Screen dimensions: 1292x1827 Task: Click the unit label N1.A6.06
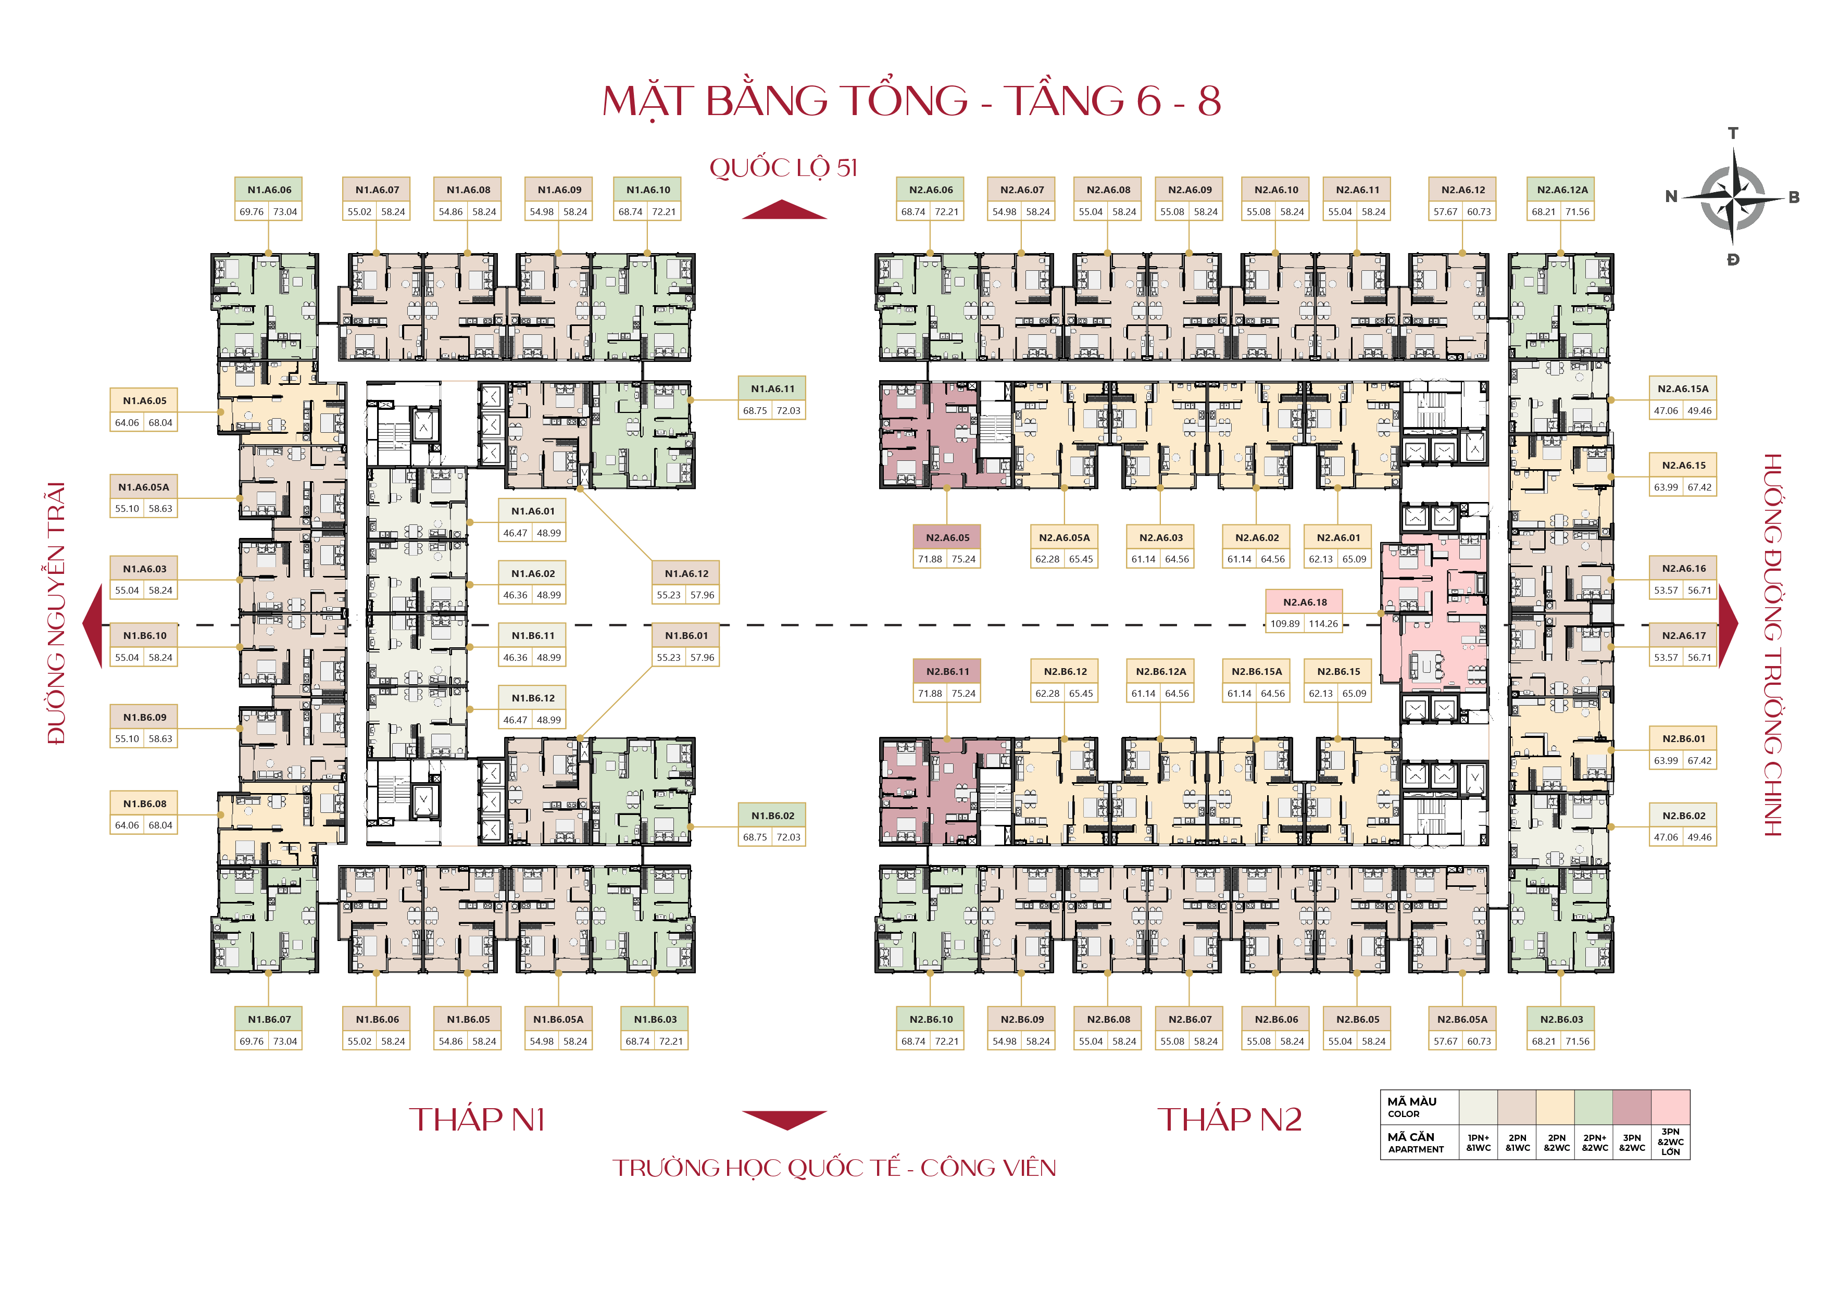[x=269, y=190]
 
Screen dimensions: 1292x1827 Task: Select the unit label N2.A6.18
[x=1304, y=602]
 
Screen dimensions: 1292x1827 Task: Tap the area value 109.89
[x=1284, y=624]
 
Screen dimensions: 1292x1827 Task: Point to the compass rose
[x=1732, y=196]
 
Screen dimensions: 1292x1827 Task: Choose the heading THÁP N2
[x=1230, y=1119]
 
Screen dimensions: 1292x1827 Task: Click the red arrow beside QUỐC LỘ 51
[x=784, y=210]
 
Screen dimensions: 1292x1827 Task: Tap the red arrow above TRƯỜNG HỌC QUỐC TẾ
[x=784, y=1119]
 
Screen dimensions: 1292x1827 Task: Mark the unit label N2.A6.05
[x=947, y=538]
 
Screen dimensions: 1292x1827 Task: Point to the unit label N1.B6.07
[x=269, y=1019]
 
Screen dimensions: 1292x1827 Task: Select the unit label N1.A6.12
[x=686, y=573]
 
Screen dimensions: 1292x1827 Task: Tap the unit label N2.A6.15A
[x=1682, y=389]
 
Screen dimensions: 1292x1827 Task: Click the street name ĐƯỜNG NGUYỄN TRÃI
[x=56, y=612]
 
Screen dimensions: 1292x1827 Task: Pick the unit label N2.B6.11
[x=947, y=671]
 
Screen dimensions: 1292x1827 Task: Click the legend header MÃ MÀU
[x=1411, y=1102]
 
